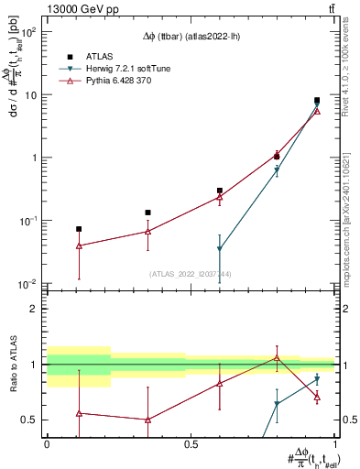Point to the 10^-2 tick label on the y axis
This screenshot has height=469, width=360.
[27, 284]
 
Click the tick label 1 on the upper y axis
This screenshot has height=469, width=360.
[33, 158]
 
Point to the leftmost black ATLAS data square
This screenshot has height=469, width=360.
[79, 229]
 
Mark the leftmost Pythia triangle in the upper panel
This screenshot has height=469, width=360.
[79, 245]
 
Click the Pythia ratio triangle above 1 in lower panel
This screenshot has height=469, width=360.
[277, 358]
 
